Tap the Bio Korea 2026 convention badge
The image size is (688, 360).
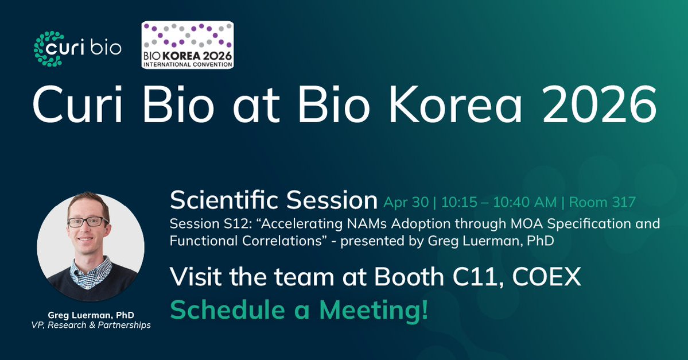coord(187,46)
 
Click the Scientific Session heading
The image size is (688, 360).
coord(273,200)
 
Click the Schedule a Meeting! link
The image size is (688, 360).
coord(299,310)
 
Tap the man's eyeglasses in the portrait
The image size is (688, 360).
coord(88,222)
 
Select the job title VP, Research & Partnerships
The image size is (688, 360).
coord(91,326)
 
